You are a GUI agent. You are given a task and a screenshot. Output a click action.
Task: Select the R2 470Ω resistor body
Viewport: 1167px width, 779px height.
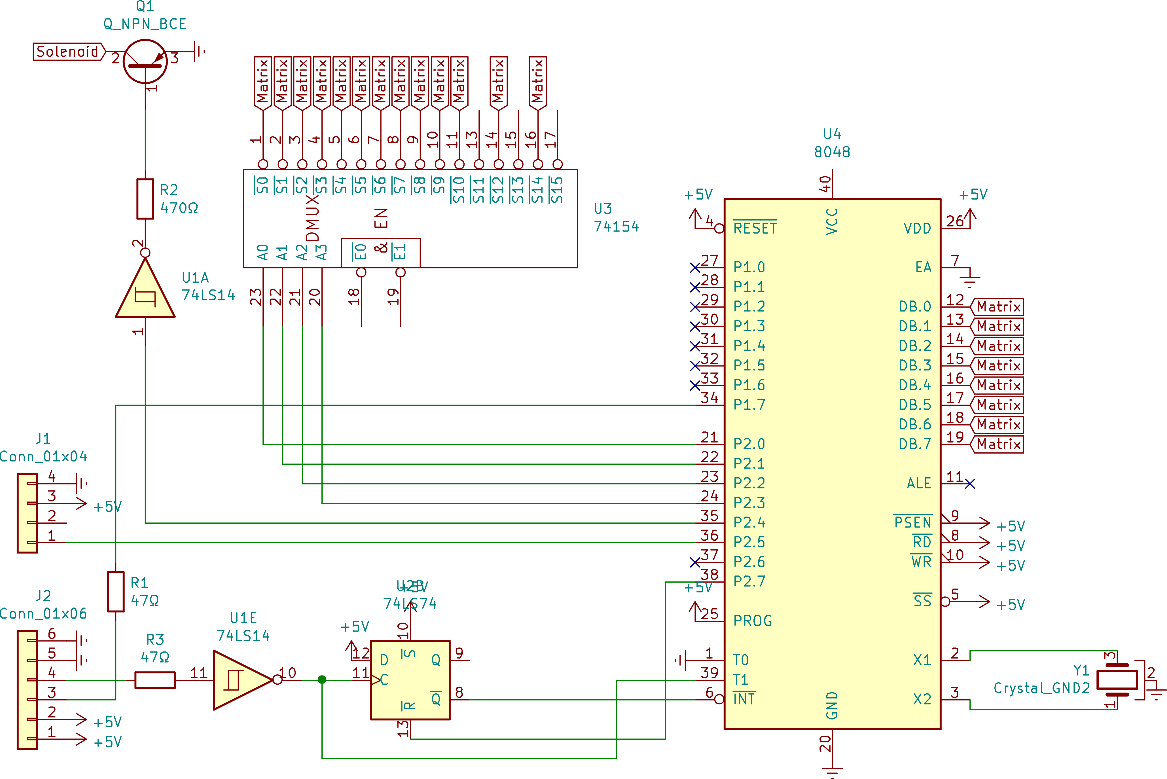145,199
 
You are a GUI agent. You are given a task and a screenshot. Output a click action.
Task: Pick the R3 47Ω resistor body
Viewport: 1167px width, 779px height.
155,680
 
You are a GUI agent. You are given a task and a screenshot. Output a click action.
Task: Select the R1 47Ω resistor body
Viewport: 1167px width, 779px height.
116,591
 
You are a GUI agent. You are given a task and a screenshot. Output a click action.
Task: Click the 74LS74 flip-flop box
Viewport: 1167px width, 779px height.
410,680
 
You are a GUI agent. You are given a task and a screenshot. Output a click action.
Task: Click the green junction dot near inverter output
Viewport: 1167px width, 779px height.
322,680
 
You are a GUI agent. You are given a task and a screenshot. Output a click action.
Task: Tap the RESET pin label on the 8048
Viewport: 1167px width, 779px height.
755,229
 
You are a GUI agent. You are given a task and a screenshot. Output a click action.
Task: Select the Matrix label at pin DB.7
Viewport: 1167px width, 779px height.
998,444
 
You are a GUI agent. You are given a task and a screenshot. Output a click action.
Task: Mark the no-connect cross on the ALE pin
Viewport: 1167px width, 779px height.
970,483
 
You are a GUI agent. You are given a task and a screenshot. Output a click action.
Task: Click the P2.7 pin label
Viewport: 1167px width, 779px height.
749,581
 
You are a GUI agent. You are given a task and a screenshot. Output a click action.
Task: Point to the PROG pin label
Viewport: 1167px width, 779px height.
752,621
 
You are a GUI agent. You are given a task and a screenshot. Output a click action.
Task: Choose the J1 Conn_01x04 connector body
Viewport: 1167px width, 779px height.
27,513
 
